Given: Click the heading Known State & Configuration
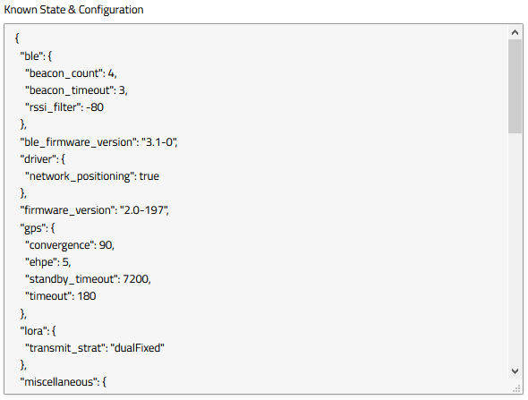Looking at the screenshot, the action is (73, 10).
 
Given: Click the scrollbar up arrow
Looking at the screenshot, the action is (515, 32).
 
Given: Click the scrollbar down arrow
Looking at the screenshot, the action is (515, 371).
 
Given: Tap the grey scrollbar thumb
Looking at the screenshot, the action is (515, 86).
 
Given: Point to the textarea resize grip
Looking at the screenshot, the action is (516, 389).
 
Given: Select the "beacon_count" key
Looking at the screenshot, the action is (64, 73).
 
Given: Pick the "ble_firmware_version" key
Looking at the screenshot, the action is (78, 142).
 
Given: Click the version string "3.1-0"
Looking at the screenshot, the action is (158, 142).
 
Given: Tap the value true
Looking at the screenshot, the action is (149, 176).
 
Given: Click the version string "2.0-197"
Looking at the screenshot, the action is (143, 210).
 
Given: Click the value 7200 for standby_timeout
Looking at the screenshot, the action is (136, 279).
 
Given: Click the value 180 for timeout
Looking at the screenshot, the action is (87, 296).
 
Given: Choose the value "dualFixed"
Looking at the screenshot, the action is (138, 348).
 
